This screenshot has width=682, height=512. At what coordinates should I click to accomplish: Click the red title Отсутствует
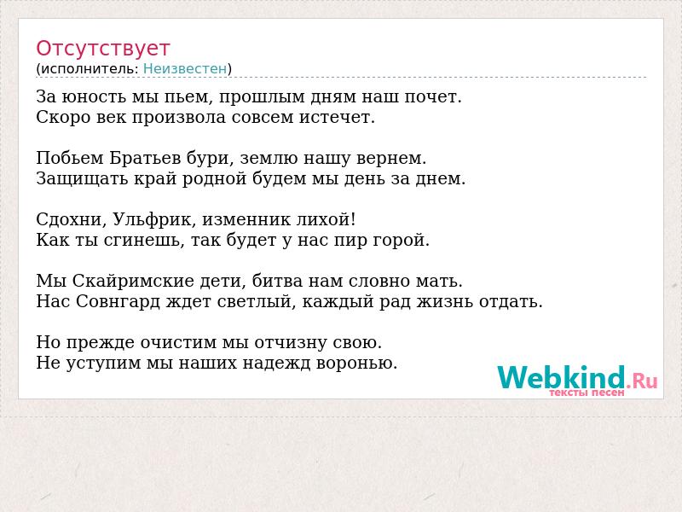102,49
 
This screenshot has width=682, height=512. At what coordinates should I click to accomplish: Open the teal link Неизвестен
185,69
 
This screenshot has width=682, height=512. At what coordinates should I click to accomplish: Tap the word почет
433,97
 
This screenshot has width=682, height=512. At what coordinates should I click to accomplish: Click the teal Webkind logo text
562,377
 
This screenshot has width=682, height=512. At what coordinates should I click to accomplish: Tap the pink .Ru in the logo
642,381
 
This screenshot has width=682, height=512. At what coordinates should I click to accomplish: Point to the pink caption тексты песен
587,393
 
